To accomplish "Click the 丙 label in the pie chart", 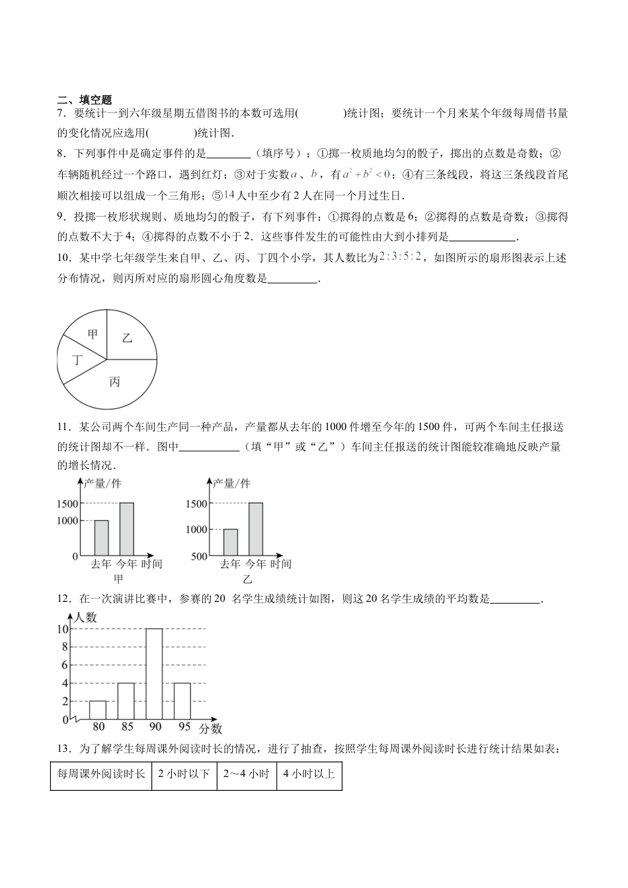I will click(x=115, y=382).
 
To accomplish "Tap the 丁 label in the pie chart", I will click(x=77, y=360).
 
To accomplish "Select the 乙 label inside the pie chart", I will click(x=127, y=338).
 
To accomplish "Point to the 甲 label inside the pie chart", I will click(x=93, y=334).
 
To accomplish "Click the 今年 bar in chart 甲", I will click(x=126, y=529).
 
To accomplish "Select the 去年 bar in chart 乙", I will click(x=230, y=542).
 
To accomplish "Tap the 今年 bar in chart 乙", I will click(x=255, y=529).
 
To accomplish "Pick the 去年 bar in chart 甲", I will click(x=101, y=538).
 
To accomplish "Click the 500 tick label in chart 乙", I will click(x=199, y=556).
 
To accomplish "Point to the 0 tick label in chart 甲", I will click(x=75, y=556).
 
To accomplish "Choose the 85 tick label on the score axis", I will click(x=127, y=727).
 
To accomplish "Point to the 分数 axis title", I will click(x=210, y=729).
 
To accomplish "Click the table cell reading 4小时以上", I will click(x=309, y=774).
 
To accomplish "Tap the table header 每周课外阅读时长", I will click(x=101, y=774).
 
